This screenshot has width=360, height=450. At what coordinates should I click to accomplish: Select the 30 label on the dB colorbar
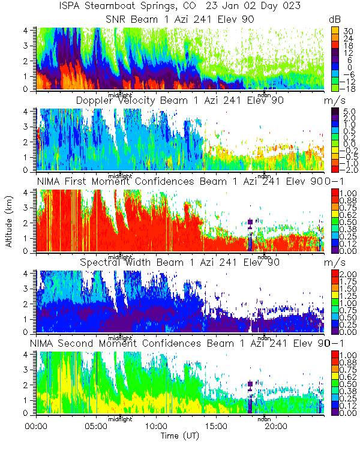coord(347,30)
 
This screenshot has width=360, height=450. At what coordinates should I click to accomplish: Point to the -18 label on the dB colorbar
coord(348,88)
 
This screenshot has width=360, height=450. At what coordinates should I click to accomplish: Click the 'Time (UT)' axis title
coord(180,436)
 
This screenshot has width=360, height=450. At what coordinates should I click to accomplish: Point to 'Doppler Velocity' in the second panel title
coord(113,100)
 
